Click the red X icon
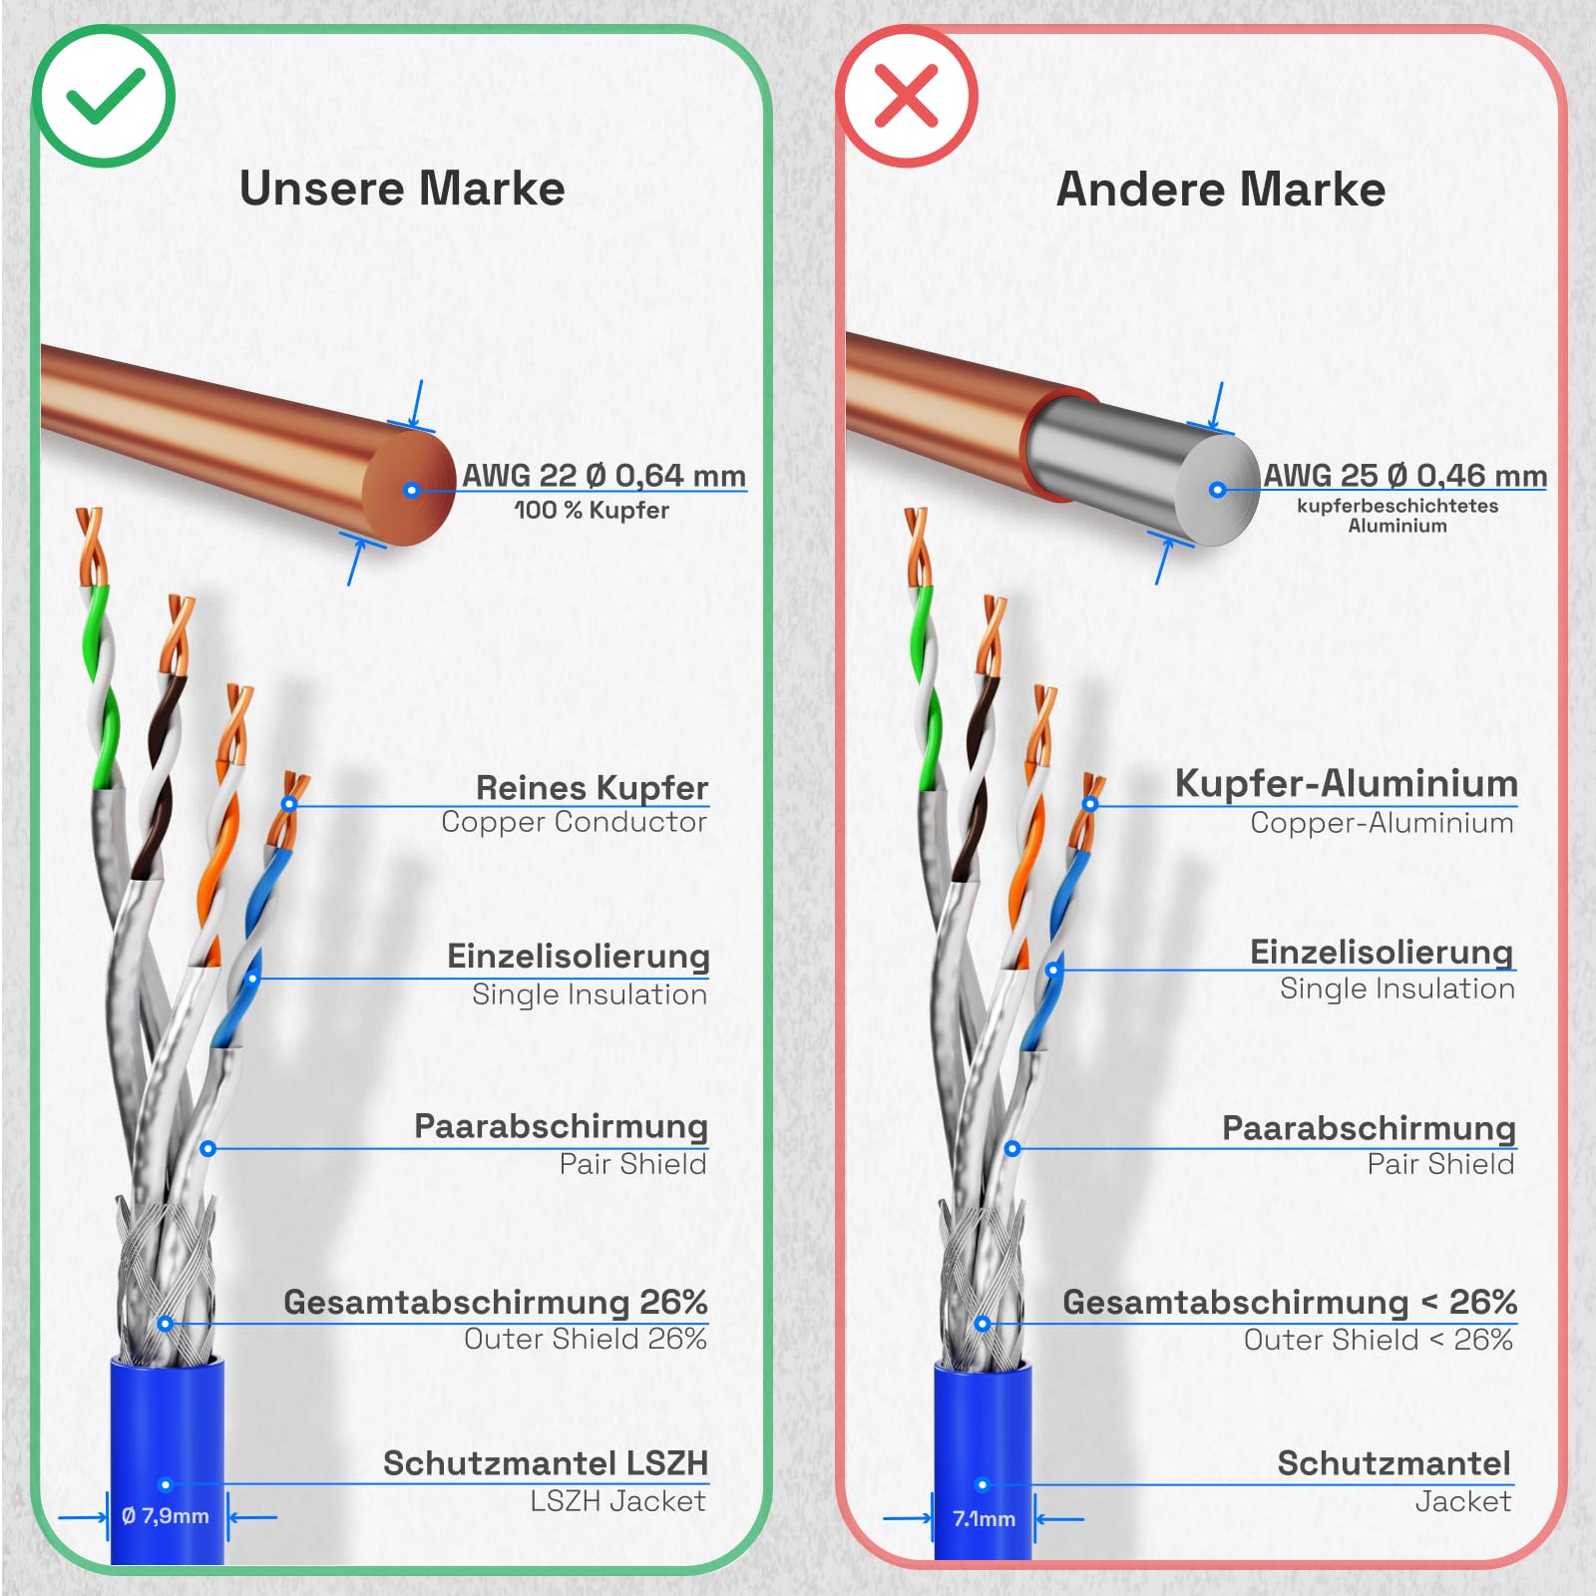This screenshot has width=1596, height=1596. pyautogui.click(x=906, y=96)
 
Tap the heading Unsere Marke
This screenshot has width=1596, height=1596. pyautogui.click(x=402, y=189)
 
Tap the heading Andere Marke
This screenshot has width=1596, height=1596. pyautogui.click(x=1221, y=189)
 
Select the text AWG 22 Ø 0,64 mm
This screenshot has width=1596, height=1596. pyautogui.click(x=603, y=475)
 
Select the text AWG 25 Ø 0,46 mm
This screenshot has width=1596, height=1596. pyautogui.click(x=1405, y=475)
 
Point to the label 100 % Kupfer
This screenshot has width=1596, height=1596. pyautogui.click(x=592, y=510)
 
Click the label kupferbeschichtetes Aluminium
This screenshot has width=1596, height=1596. pyautogui.click(x=1397, y=515)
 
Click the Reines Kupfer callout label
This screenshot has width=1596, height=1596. pyautogui.click(x=592, y=787)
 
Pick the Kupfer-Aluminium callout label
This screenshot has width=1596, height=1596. pyautogui.click(x=1346, y=783)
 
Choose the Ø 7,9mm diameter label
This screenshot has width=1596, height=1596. pyautogui.click(x=166, y=1516)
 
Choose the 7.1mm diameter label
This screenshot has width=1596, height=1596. pyautogui.click(x=984, y=1518)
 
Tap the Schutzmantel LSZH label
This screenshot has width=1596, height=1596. pyautogui.click(x=546, y=1463)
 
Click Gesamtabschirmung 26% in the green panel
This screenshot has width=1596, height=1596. pyautogui.click(x=496, y=1302)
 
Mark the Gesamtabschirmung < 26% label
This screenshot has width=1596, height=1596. pyautogui.click(x=1290, y=1302)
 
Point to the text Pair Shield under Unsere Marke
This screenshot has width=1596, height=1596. pyautogui.click(x=632, y=1164)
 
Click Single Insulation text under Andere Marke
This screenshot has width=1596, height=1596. pyautogui.click(x=1397, y=989)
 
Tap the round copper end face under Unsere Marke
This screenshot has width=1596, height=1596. pyautogui.click(x=410, y=489)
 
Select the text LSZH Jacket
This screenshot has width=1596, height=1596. pyautogui.click(x=617, y=1501)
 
